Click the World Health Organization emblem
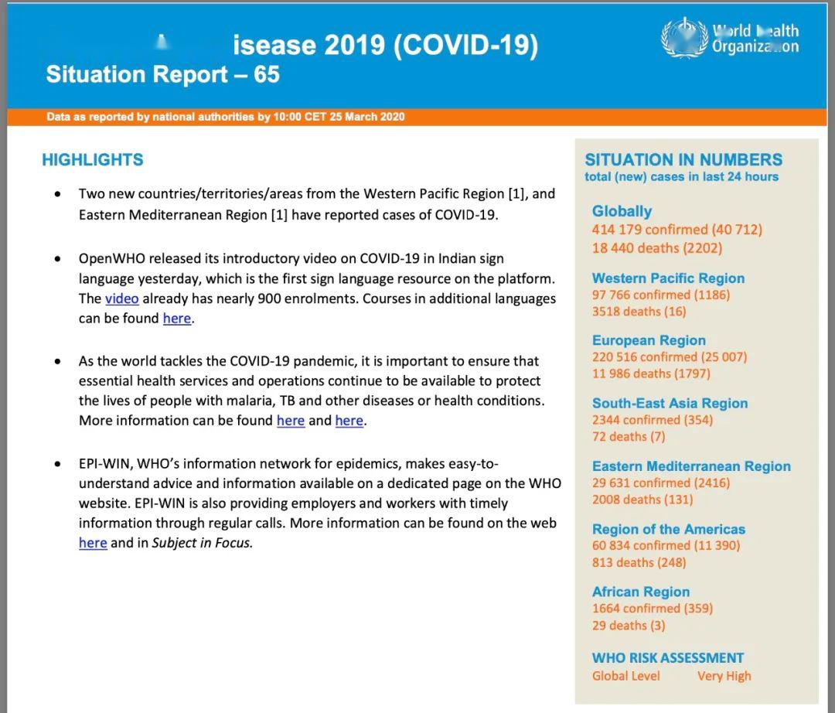[684, 39]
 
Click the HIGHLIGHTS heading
[92, 160]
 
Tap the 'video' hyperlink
[122, 299]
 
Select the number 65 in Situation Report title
[266, 75]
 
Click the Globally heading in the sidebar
[622, 211]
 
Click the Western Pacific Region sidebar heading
[668, 278]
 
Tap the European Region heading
[649, 340]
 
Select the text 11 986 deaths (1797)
[651, 374]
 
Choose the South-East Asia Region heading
[670, 403]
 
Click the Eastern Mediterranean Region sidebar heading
[691, 466]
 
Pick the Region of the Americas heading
[668, 529]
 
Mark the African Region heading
[641, 592]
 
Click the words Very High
[724, 676]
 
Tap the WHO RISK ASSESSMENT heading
[667, 658]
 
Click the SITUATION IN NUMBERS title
[683, 160]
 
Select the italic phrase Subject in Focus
[202, 543]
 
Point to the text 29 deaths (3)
[628, 626]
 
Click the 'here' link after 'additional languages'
[176, 319]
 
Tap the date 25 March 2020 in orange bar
[366, 117]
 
